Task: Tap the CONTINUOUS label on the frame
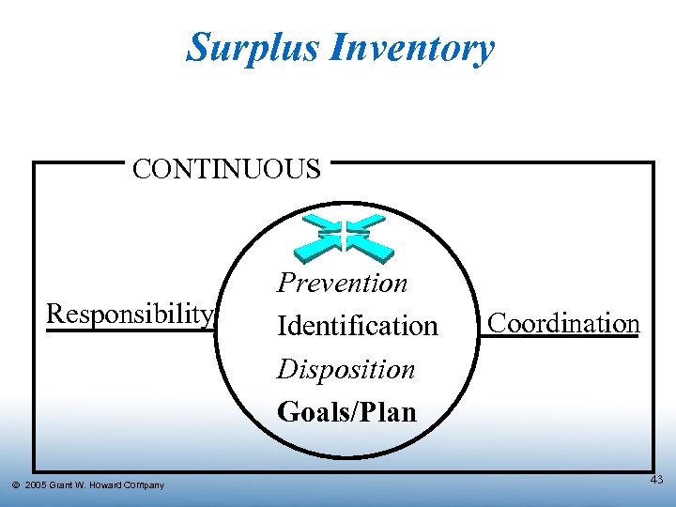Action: pos(226,170)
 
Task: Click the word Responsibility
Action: pos(131,313)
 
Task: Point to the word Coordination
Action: pos(564,323)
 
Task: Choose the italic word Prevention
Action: pos(342,283)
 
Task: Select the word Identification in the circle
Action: pos(358,326)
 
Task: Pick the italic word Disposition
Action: pos(346,369)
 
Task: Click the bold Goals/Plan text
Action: pos(346,411)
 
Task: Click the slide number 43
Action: pos(655,480)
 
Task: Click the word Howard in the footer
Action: pos(104,485)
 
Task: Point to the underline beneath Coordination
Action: pos(564,338)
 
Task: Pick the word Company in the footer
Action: pos(144,485)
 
